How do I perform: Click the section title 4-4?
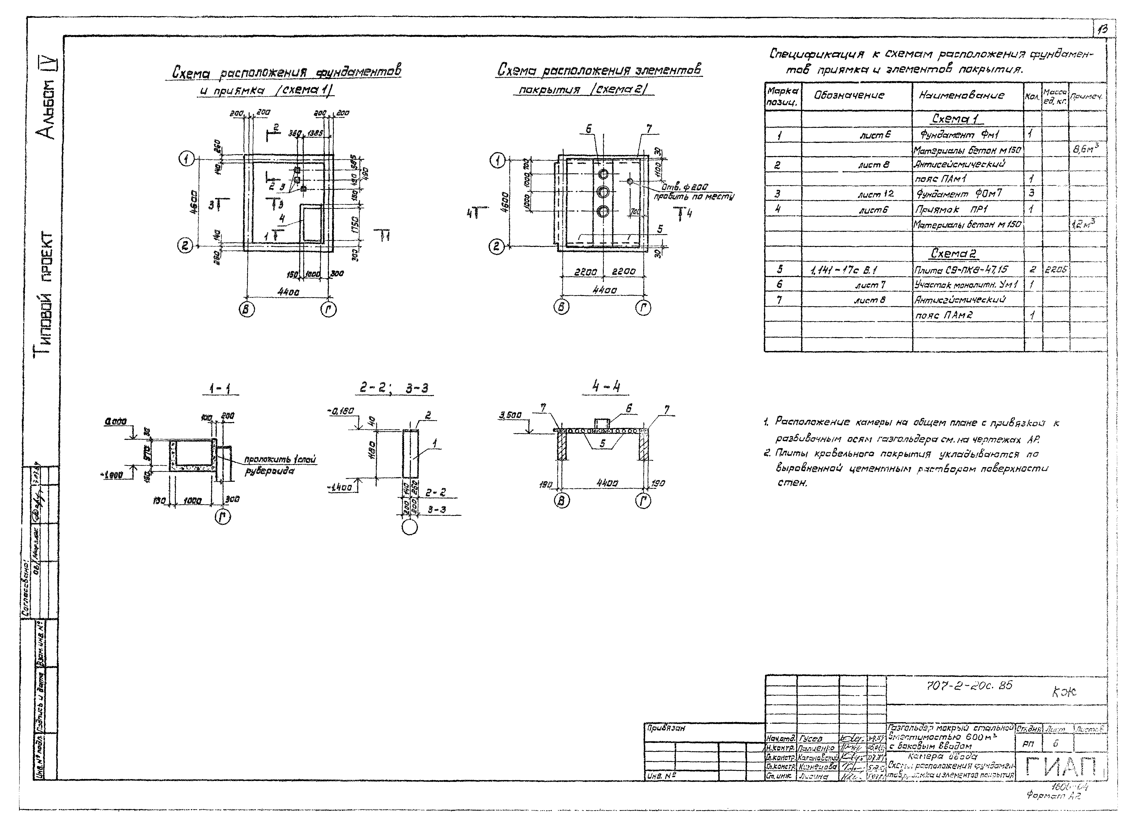pos(606,387)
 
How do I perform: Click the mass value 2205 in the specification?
pos(1056,270)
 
